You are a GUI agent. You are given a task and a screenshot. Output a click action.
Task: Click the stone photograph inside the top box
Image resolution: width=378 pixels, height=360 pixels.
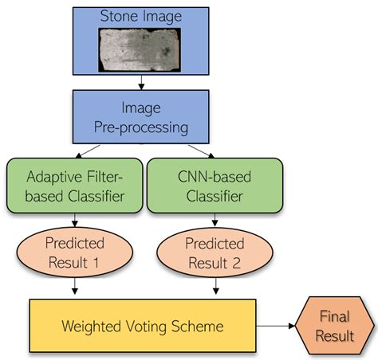[142, 49]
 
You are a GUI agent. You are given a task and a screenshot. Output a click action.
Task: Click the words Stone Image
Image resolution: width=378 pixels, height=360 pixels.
[141, 16]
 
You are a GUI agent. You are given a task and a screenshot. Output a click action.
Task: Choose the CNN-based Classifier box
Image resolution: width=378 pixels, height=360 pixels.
[215, 185]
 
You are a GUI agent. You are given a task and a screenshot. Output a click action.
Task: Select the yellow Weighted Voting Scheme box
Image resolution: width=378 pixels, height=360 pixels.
[143, 327]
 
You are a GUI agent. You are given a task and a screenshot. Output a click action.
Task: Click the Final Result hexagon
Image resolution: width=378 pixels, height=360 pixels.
[334, 327]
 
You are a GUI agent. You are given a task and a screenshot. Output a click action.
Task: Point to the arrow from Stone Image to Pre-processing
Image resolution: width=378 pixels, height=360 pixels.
[141, 82]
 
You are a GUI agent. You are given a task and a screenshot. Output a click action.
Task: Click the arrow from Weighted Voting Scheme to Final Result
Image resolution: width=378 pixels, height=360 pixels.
[279, 327]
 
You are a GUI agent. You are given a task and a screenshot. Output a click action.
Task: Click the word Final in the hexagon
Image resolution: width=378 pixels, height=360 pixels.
[335, 317]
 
